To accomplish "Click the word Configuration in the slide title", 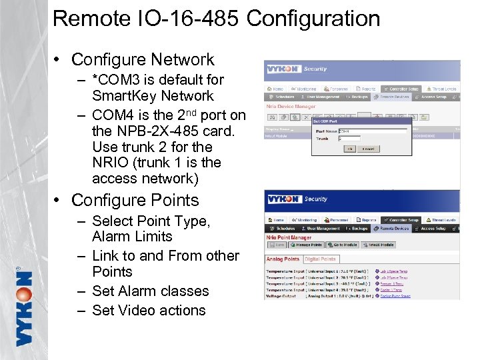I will [313, 19].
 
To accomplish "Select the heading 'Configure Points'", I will [135, 200].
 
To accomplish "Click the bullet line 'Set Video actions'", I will [149, 310].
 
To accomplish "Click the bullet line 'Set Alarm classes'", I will [150, 291].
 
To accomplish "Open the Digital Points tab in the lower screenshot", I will [320, 259].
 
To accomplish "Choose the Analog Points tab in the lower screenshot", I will [283, 259].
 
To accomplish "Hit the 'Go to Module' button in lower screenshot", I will [345, 245].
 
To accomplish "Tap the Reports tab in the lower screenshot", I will [367, 219].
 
